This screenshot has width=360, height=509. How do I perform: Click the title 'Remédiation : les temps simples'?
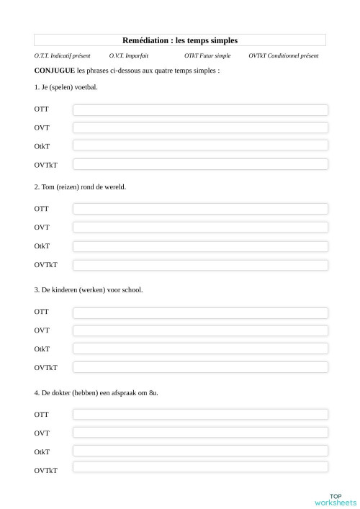pyautogui.click(x=180, y=40)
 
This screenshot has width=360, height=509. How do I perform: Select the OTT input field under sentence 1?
pyautogui.click(x=200, y=109)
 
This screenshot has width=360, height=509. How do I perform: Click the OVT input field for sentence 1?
pyautogui.click(x=200, y=128)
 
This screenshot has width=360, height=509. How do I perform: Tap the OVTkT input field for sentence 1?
pyautogui.click(x=200, y=165)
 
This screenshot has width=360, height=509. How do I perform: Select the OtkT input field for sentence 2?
pyautogui.click(x=200, y=246)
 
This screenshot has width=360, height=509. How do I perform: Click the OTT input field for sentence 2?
pyautogui.click(x=200, y=209)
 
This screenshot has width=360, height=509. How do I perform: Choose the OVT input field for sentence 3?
pyautogui.click(x=200, y=330)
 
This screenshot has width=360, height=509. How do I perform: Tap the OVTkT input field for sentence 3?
pyautogui.click(x=200, y=367)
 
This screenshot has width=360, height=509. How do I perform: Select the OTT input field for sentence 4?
pyautogui.click(x=200, y=415)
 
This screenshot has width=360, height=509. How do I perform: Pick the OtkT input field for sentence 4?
pyautogui.click(x=200, y=451)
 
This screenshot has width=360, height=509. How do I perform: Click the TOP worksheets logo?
pyautogui.click(x=336, y=499)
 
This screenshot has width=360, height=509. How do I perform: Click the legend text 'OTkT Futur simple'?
pyautogui.click(x=207, y=56)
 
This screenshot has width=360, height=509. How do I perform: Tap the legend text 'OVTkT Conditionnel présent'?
pyautogui.click(x=284, y=56)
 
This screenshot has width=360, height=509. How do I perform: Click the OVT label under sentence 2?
pyautogui.click(x=42, y=228)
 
